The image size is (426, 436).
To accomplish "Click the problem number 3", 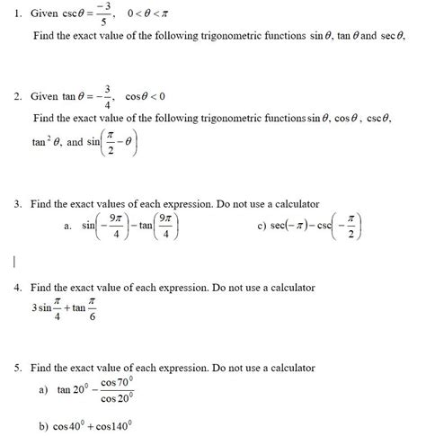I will coord(18,204).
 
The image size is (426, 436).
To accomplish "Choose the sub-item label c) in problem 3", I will coord(261,227).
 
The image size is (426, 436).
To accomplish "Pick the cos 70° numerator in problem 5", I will coord(118,382).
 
